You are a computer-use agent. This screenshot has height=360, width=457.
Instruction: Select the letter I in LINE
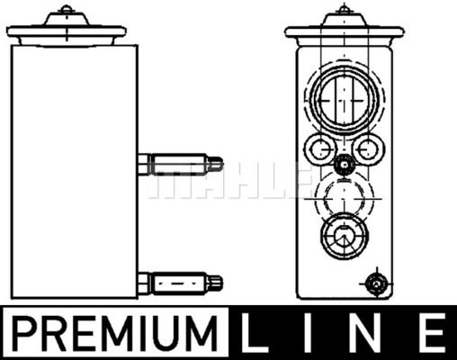(x=317, y=332)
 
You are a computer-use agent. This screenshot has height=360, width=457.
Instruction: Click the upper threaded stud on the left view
(x=180, y=166)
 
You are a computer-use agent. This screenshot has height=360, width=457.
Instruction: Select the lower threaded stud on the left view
(x=180, y=283)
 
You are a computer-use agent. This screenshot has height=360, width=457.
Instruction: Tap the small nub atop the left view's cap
(x=64, y=13)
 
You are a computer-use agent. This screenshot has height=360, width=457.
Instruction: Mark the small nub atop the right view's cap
(x=343, y=13)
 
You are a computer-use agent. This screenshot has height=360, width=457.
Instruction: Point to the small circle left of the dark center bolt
(x=317, y=148)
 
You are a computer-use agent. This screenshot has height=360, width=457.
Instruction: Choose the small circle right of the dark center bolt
(x=367, y=148)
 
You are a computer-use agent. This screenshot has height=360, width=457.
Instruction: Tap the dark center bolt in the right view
(x=342, y=165)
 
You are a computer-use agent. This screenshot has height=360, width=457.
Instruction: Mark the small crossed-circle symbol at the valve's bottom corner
(x=376, y=285)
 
